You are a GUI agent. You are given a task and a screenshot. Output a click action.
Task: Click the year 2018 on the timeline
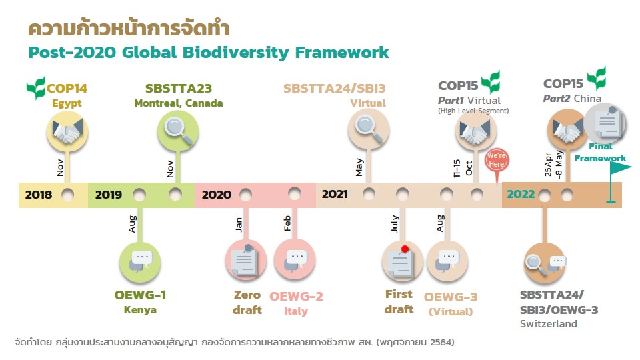tap(39, 195)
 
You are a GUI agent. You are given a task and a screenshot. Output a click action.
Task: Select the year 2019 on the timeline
tap(109, 195)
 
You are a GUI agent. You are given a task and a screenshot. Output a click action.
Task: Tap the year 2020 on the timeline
tap(216, 195)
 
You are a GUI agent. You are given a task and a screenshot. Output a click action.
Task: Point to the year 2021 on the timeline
tap(335, 194)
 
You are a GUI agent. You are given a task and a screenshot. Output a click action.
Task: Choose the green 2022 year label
tap(521, 194)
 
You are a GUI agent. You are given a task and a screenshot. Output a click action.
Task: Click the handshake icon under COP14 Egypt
tap(67, 132)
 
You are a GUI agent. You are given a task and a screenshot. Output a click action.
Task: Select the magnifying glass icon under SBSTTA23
tap(178, 131)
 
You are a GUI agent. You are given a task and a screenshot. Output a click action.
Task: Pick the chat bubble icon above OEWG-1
tap(140, 262)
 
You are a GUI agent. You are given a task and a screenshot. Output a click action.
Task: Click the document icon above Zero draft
tap(246, 261)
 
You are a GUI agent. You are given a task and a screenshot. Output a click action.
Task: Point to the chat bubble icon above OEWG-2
tap(294, 259)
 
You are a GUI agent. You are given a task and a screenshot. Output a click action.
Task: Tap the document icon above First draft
tap(402, 261)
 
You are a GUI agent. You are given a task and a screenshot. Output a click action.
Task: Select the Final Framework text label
tap(601, 152)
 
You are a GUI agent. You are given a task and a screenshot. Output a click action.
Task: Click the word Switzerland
tap(549, 324)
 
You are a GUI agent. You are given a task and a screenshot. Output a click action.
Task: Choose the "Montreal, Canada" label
tap(179, 103)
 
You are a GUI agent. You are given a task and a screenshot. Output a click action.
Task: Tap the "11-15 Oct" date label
tap(463, 168)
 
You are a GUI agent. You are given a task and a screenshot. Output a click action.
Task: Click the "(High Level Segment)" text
tap(473, 111)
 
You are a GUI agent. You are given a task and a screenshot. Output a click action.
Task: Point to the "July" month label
tap(395, 224)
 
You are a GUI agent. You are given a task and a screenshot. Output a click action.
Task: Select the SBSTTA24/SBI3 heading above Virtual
tap(334, 89)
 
